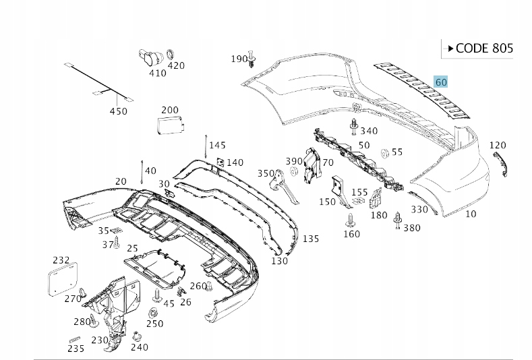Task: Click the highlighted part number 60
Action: (x=441, y=82)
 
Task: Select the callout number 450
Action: (x=118, y=111)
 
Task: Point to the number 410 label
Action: (x=157, y=73)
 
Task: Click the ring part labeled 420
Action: (x=171, y=52)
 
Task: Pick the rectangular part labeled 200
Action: (x=169, y=125)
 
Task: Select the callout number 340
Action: (x=369, y=131)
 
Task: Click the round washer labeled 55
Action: (x=383, y=152)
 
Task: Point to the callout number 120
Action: (x=497, y=145)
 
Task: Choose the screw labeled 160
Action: (x=350, y=220)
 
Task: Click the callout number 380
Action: (x=411, y=228)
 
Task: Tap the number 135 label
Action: (x=310, y=239)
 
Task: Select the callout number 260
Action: (x=198, y=286)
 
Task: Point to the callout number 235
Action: (x=76, y=349)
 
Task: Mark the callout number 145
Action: (x=217, y=145)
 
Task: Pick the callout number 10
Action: (x=471, y=214)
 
